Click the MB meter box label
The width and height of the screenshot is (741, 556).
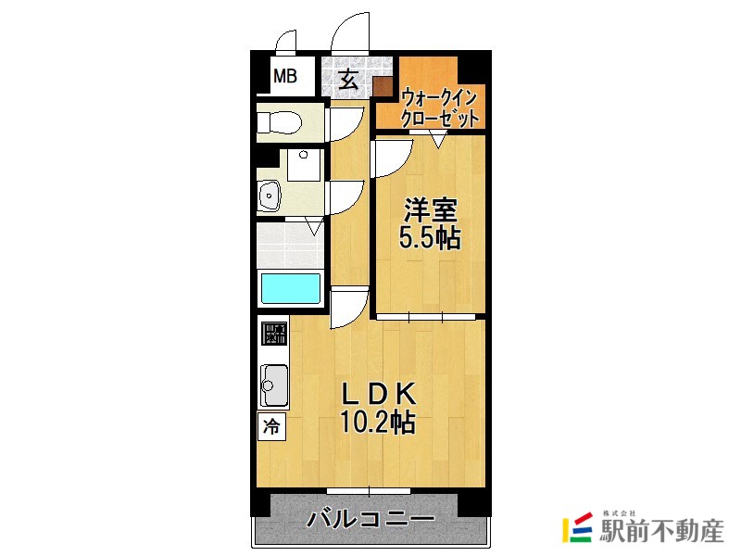(x=284, y=76)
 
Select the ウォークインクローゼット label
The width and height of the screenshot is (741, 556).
(x=440, y=107)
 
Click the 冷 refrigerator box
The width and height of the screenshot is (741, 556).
(x=271, y=426)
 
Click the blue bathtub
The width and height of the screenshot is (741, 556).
(x=291, y=288)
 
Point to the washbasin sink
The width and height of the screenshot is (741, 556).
(x=270, y=196)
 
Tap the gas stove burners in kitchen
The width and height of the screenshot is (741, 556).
(x=274, y=334)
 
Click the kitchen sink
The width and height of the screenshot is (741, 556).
(x=274, y=383)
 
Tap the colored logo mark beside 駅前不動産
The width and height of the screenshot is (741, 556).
(x=578, y=527)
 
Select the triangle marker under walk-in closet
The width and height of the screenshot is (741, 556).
(x=438, y=140)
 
